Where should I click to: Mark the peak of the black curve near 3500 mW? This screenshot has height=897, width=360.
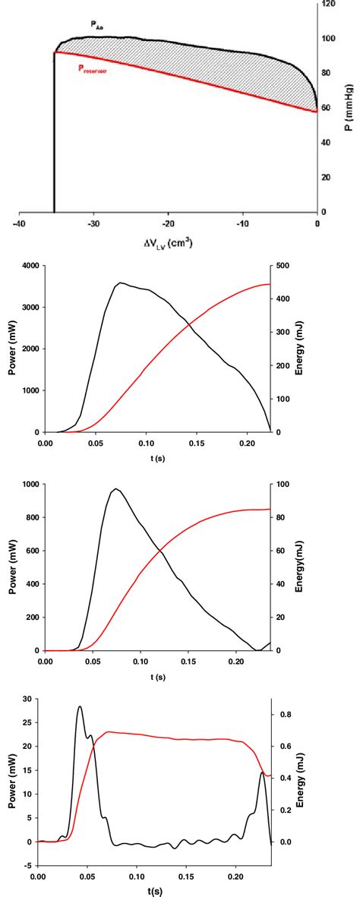click(x=119, y=283)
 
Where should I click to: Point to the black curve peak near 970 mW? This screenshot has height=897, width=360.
click(x=115, y=489)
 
